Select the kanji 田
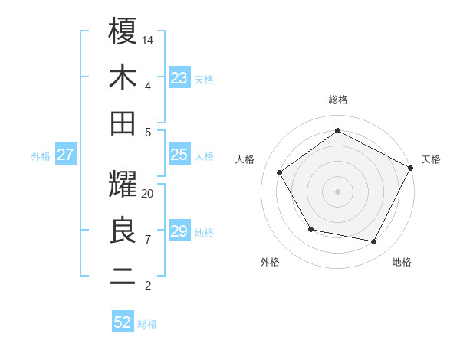[123, 123]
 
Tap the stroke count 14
[149, 38]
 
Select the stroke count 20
[148, 193]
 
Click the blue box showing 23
[179, 77]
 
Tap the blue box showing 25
[179, 155]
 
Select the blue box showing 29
[179, 231]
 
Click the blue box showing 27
[65, 155]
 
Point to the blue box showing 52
[123, 322]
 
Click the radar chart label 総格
[338, 100]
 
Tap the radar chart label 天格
[432, 159]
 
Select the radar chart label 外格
[270, 262]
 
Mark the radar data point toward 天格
[411, 168]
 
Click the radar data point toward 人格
[280, 172]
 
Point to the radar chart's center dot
[338, 191]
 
